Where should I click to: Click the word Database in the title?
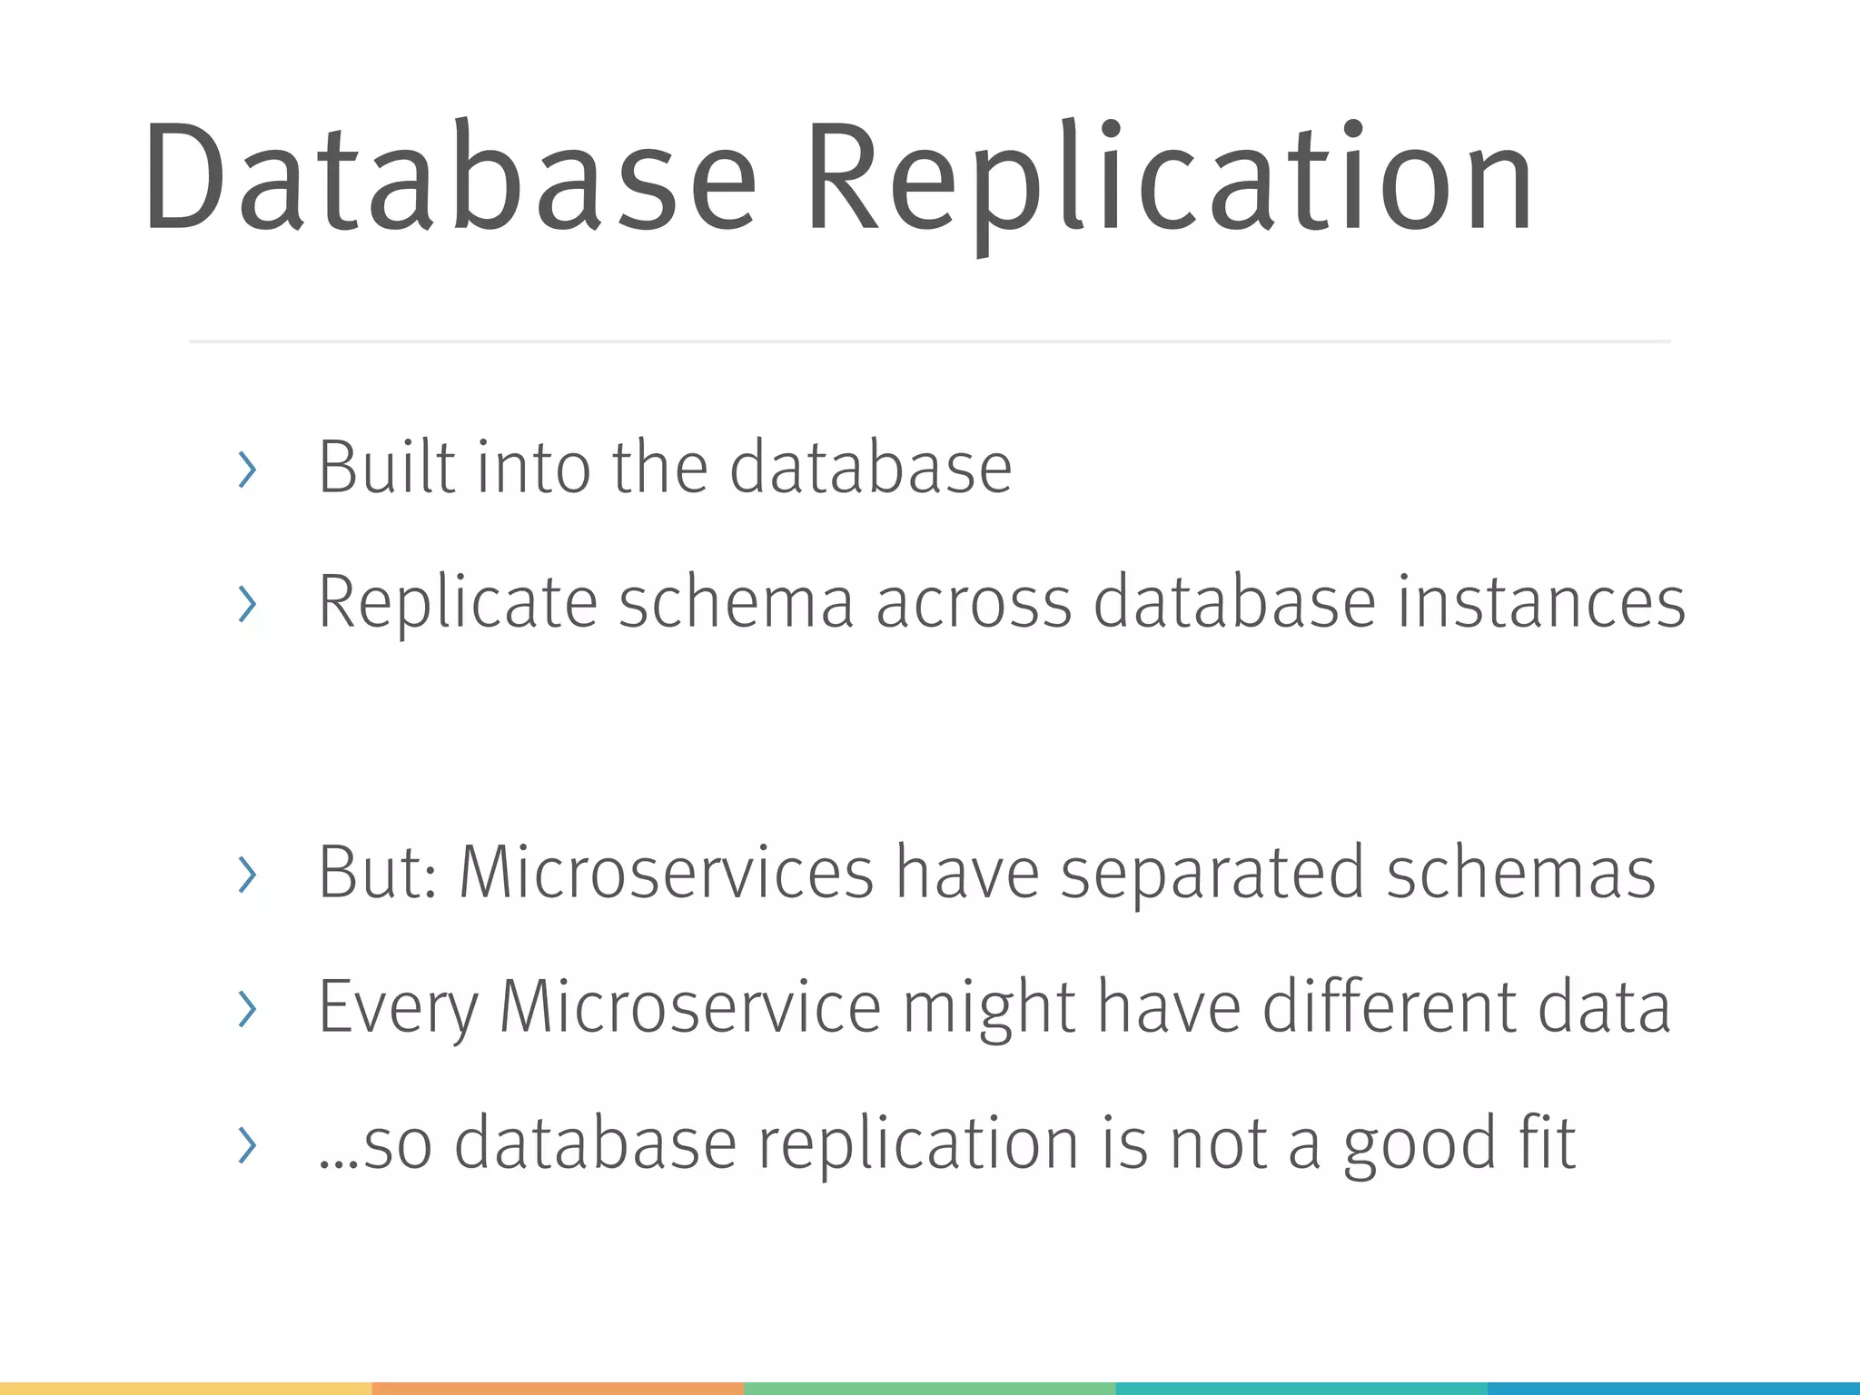coord(450,177)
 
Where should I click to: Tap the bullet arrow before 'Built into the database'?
coord(246,470)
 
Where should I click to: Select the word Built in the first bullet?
coord(386,468)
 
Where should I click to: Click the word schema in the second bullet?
coord(736,602)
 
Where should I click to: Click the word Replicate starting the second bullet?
coord(457,604)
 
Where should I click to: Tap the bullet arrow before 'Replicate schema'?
coord(246,604)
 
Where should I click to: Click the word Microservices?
coord(667,873)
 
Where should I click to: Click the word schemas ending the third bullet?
coord(1521,873)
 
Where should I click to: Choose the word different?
coord(1390,1006)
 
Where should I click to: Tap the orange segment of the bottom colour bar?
coord(558,1389)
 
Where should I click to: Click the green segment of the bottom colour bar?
coord(929,1389)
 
